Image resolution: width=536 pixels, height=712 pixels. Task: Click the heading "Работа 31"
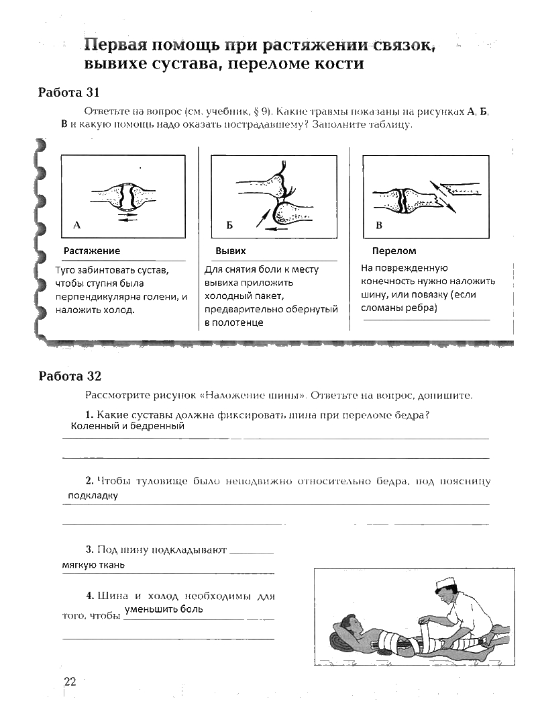click(x=68, y=93)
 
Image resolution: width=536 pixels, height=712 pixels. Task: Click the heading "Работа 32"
click(x=70, y=375)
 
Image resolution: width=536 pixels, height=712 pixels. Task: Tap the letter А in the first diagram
click(x=77, y=226)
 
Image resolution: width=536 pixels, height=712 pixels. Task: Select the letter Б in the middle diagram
click(x=229, y=226)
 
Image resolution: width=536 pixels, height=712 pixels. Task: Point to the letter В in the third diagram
click(x=379, y=226)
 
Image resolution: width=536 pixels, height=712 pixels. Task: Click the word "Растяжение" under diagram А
click(x=92, y=251)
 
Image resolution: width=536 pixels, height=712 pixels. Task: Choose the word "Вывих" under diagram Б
click(x=230, y=251)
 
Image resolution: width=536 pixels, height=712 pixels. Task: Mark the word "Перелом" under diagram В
click(x=394, y=251)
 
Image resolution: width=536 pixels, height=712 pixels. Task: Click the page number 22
click(x=70, y=682)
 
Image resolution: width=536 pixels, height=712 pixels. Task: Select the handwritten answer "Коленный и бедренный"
click(x=127, y=426)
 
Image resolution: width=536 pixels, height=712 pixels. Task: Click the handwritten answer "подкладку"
click(x=93, y=496)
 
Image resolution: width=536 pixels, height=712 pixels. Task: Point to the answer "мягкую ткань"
click(x=93, y=565)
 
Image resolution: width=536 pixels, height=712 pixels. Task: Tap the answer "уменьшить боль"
click(x=164, y=609)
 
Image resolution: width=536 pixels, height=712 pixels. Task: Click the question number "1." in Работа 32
click(x=89, y=415)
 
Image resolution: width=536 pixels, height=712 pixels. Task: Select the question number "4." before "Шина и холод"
click(x=89, y=596)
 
